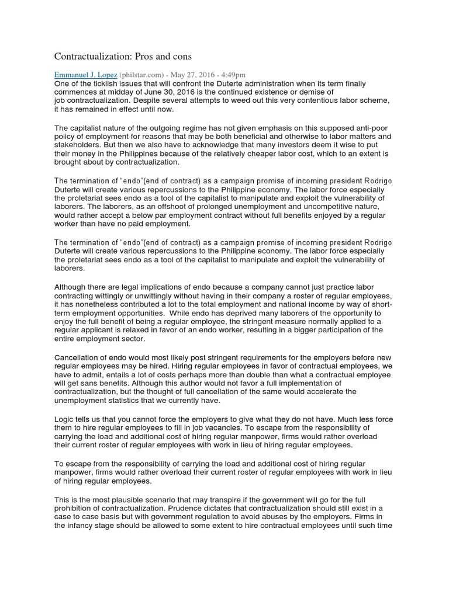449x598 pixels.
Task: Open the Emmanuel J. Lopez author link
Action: click(85, 75)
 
